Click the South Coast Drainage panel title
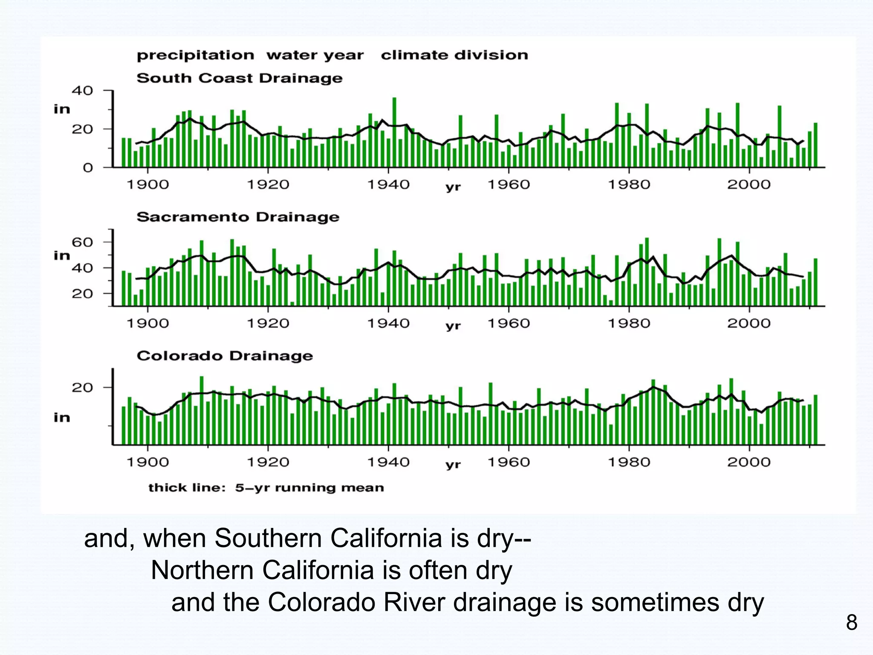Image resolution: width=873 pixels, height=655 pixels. tap(239, 78)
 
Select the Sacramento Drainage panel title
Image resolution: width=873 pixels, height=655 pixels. tap(238, 217)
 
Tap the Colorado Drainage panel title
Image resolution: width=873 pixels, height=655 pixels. tap(225, 356)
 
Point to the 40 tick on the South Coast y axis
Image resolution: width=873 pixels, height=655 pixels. tap(82, 90)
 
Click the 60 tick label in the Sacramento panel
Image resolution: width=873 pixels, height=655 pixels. tap(82, 242)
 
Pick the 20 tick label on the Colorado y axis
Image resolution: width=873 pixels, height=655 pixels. tap(82, 388)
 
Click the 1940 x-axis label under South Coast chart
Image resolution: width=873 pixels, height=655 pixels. tap(388, 185)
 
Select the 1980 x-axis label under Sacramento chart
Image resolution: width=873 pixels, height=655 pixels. tap(629, 323)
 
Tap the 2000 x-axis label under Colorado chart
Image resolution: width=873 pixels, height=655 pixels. tap(749, 462)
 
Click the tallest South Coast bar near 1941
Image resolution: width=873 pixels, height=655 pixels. tap(394, 132)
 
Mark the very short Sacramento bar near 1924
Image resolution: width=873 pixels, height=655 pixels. tap(292, 304)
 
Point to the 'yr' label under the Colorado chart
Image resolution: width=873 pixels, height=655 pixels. tap(453, 464)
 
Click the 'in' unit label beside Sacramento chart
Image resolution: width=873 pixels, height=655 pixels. tap(62, 255)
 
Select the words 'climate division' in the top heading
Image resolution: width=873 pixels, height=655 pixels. tap(454, 55)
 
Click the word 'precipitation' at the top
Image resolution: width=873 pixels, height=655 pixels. tap(195, 55)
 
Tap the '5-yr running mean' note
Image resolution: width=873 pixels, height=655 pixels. tap(309, 487)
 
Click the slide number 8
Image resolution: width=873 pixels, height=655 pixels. tap(851, 623)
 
